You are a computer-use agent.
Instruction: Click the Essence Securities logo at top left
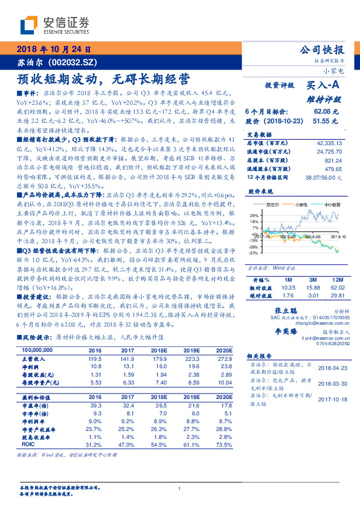(54, 25)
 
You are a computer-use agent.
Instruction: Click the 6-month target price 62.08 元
(324, 112)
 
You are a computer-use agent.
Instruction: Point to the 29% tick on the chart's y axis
(254, 215)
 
